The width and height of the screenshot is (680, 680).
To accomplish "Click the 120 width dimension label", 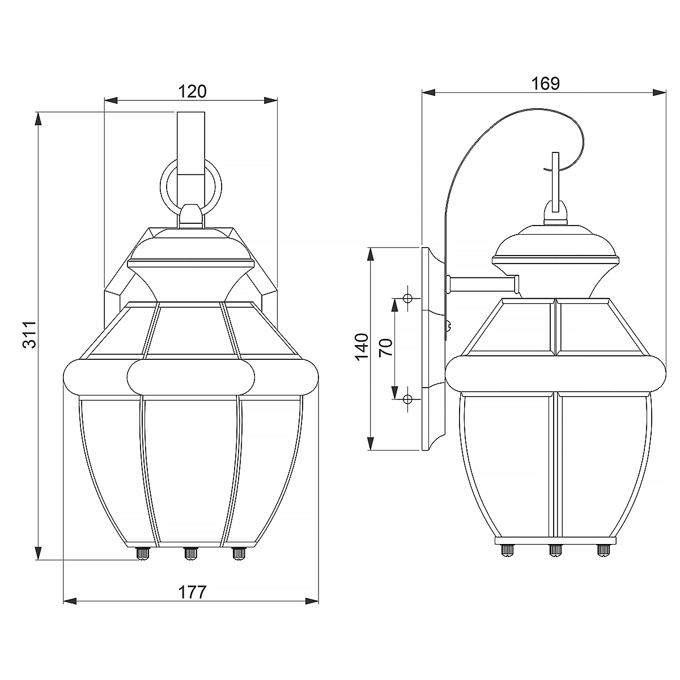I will (192, 91).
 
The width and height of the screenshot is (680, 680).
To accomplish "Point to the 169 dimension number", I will (545, 83).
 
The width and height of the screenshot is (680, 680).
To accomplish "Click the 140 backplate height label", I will (361, 347).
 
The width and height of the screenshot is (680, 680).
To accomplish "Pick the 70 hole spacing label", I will (385, 347).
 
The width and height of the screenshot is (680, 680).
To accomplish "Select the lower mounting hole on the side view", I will (407, 399).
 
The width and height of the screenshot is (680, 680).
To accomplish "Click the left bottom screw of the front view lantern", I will (143, 553).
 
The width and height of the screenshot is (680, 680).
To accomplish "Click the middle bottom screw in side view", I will (555, 549).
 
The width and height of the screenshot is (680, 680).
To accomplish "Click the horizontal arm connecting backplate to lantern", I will (482, 281).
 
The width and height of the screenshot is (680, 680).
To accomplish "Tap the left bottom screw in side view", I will (507, 549).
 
